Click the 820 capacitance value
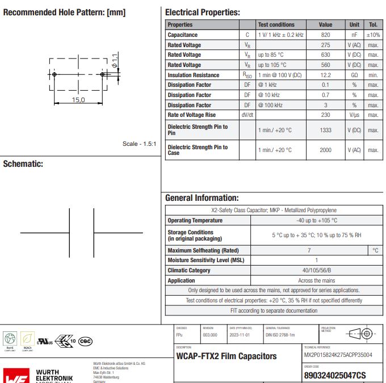tap(325, 35)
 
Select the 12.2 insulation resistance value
tap(325, 75)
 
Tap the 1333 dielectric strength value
tap(325, 130)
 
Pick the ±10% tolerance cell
tap(373, 35)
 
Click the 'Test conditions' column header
tap(276, 25)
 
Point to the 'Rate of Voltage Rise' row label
tap(191, 115)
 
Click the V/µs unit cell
tap(354, 115)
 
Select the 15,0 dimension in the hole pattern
tap(78, 100)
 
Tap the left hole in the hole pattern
tap(54, 74)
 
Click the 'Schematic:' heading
tap(23, 164)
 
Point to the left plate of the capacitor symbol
tap(69, 233)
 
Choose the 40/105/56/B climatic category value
tap(317, 270)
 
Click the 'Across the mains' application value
tap(317, 280)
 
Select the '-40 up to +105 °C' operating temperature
tap(317, 220)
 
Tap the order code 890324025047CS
tap(335, 375)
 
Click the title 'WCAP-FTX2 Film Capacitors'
tap(226, 356)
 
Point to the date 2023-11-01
tap(239, 335)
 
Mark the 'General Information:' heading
tap(202, 198)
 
